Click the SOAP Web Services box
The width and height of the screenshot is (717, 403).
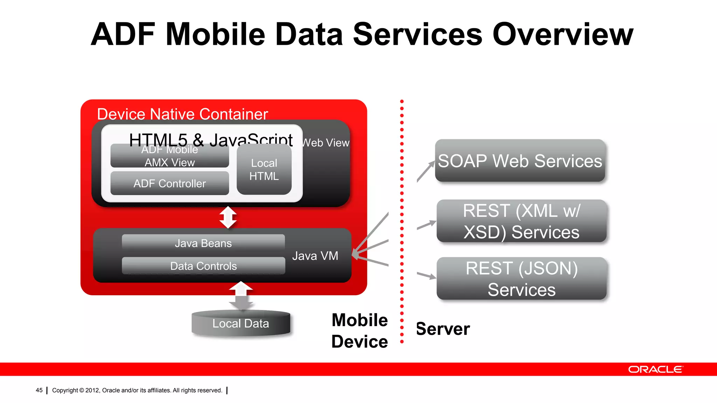pyautogui.click(x=520, y=161)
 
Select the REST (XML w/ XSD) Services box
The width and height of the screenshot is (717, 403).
pyautogui.click(x=521, y=221)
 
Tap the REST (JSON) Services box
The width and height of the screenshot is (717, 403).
pyautogui.click(x=521, y=279)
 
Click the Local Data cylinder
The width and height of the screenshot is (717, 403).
pyautogui.click(x=241, y=324)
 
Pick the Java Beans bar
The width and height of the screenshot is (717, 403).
pyautogui.click(x=203, y=243)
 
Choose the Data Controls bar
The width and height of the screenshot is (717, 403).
pyautogui.click(x=203, y=266)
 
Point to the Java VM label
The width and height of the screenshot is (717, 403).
pyautogui.click(x=315, y=256)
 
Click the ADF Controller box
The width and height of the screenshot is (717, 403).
pyautogui.click(x=170, y=183)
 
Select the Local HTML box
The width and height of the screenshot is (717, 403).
pyautogui.click(x=264, y=170)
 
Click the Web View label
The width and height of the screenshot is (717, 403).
pyautogui.click(x=326, y=143)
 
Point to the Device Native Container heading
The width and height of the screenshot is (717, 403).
pyautogui.click(x=182, y=114)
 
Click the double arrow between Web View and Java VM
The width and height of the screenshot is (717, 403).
pyautogui.click(x=228, y=217)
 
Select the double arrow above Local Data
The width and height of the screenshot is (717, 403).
pyautogui.click(x=241, y=296)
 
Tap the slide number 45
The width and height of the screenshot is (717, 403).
pyautogui.click(x=39, y=390)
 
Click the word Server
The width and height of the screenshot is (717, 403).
pyautogui.click(x=443, y=329)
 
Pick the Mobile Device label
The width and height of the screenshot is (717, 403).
pyautogui.click(x=360, y=331)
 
